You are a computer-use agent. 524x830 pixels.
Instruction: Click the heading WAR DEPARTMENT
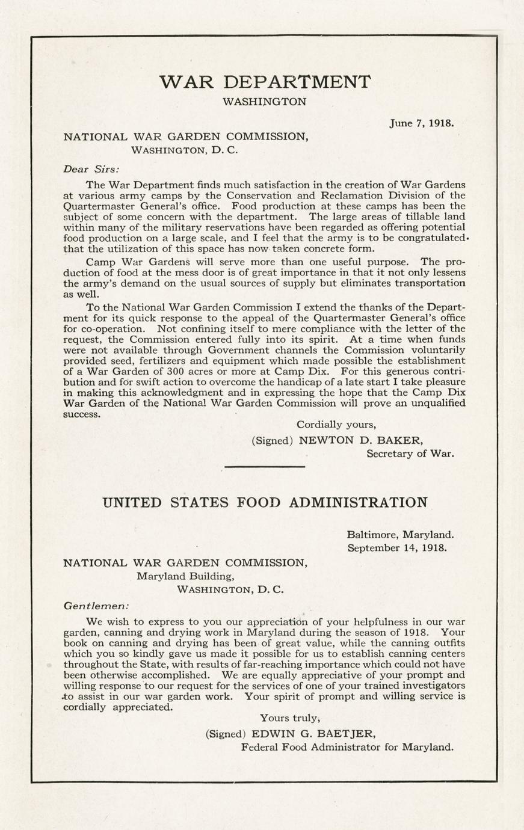pyautogui.click(x=265, y=82)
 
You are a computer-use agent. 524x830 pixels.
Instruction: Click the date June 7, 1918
pyautogui.click(x=421, y=123)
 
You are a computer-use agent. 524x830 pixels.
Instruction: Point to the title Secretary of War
pyautogui.click(x=410, y=453)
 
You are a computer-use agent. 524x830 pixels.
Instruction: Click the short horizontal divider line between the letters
pyautogui.click(x=265, y=466)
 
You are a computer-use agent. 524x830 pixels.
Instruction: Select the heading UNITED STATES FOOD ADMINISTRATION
pyautogui.click(x=265, y=502)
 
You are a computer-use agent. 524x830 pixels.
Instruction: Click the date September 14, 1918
pyautogui.click(x=397, y=548)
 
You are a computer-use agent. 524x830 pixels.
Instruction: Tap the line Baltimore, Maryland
pyautogui.click(x=401, y=534)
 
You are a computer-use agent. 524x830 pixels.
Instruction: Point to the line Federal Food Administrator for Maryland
pyautogui.click(x=347, y=747)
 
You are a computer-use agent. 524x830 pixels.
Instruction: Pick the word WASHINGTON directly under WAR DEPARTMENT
pyautogui.click(x=265, y=102)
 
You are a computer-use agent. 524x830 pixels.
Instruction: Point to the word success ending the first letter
pyautogui.click(x=82, y=414)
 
